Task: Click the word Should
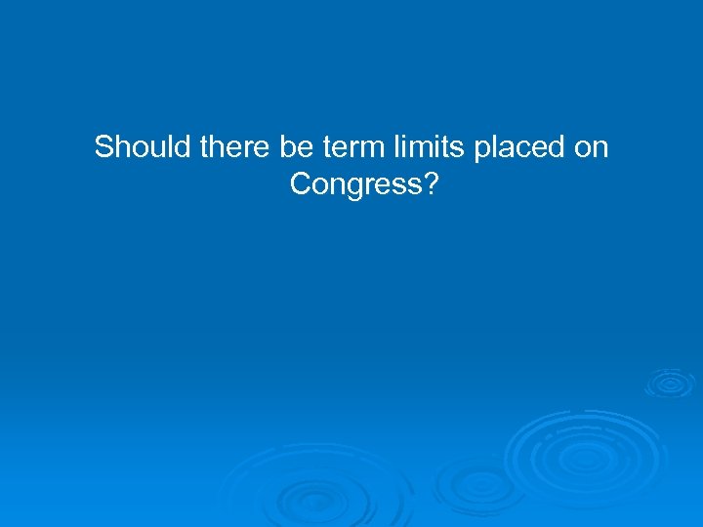coord(143,148)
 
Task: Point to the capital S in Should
coord(103,148)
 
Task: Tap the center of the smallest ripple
coord(670,383)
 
